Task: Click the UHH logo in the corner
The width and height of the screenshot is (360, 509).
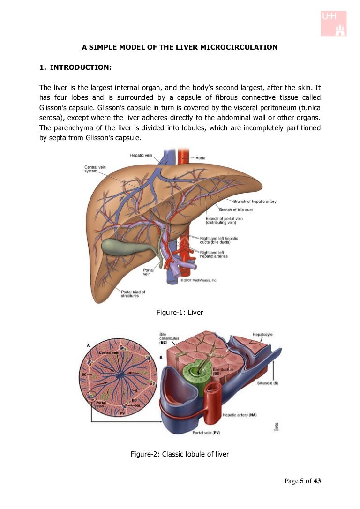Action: [x=333, y=23]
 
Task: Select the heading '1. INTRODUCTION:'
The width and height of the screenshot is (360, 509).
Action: [x=75, y=67]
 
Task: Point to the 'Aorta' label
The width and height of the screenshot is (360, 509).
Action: [x=200, y=158]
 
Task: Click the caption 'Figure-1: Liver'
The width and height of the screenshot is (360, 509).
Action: [x=180, y=312]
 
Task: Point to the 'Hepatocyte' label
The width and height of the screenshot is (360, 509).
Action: [x=262, y=335]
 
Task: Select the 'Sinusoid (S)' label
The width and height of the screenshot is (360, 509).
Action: [x=268, y=383]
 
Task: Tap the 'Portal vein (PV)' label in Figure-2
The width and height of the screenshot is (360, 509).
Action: [x=206, y=433]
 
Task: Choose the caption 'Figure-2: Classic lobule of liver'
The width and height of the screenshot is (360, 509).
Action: [x=180, y=454]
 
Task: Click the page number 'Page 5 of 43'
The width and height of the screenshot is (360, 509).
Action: [x=303, y=481]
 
